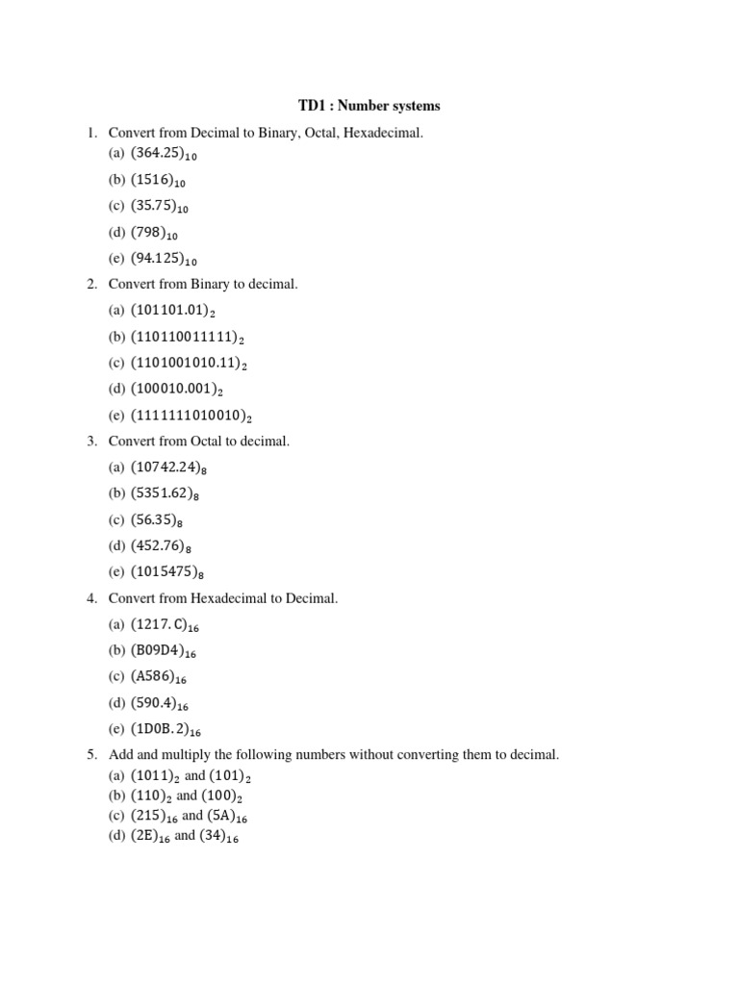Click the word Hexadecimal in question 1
coord(382,132)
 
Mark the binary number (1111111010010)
coord(191,416)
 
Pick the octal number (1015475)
coord(166,572)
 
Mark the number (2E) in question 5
coord(150,836)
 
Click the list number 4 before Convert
coord(91,598)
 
